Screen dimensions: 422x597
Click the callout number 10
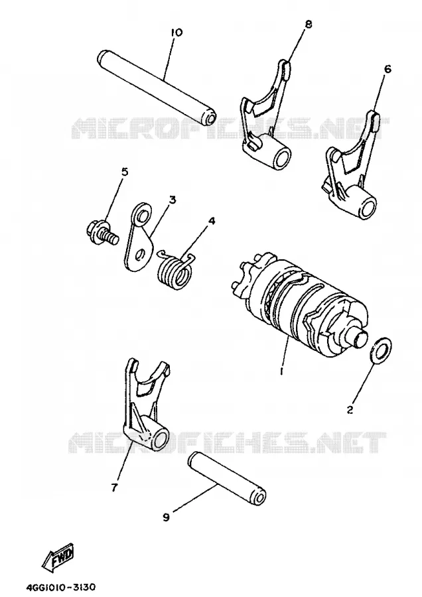[x=176, y=33]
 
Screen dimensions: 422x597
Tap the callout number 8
[x=308, y=24]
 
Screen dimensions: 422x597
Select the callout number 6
[x=387, y=69]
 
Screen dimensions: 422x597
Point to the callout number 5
[x=125, y=172]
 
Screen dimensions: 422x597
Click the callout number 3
[x=173, y=200]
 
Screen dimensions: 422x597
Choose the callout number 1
[x=281, y=370]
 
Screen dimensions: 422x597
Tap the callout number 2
[x=350, y=409]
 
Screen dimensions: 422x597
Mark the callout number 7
[x=115, y=487]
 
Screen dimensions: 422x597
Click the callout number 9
[x=166, y=517]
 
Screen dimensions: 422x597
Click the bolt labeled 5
[x=102, y=234]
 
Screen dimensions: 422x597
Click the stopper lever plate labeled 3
[x=139, y=236]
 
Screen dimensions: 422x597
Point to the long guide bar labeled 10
[x=156, y=87]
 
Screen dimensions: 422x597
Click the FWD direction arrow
[x=60, y=555]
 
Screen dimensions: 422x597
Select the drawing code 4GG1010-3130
[x=61, y=586]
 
